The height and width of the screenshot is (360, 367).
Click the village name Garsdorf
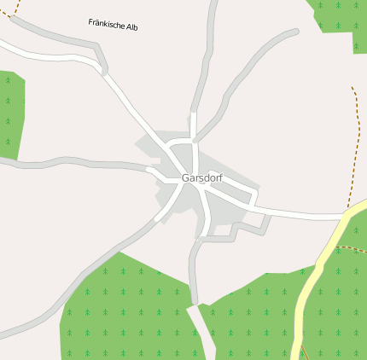pos(201,178)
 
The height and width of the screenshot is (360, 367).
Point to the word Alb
pos(131,26)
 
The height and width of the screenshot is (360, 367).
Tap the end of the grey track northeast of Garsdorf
pos(295,32)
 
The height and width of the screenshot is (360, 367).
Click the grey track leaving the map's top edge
pos(211,34)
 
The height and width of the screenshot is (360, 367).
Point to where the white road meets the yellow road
pos(345,217)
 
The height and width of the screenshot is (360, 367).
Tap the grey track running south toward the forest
pos(194,273)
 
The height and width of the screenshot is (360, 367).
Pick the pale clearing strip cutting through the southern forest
pos(201,333)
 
